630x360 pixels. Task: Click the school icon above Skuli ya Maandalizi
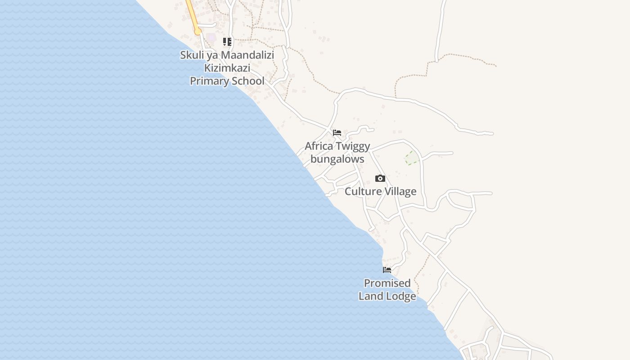point(227,42)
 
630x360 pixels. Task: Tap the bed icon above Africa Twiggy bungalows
point(337,133)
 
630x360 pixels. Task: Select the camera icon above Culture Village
point(380,179)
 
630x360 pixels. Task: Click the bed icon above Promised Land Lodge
point(387,270)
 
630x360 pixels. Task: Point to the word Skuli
point(191,55)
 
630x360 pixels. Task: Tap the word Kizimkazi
point(227,68)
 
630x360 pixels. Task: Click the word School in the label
point(247,81)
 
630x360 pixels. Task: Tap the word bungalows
point(337,159)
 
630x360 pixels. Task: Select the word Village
point(400,192)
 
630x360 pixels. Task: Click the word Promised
point(387,283)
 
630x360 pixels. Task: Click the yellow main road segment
point(193,16)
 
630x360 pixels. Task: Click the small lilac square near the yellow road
point(211,37)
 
